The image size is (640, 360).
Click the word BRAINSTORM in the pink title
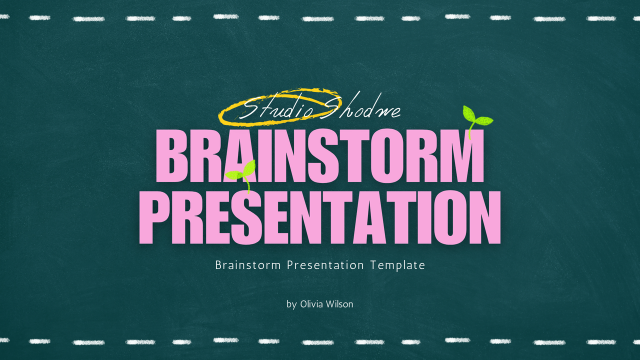pyautogui.click(x=320, y=155)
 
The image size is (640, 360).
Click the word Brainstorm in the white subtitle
pyautogui.click(x=248, y=265)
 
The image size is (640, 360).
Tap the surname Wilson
pyautogui.click(x=341, y=304)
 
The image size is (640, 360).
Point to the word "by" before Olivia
pyautogui.click(x=291, y=304)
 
